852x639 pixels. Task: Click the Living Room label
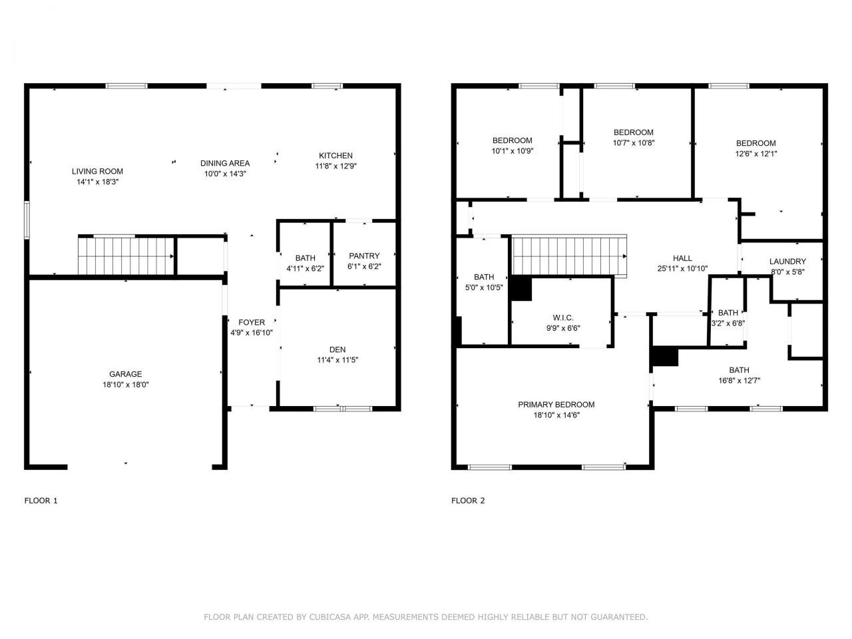click(97, 172)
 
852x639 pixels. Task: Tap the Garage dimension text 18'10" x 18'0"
click(126, 384)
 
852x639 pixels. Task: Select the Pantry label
click(364, 256)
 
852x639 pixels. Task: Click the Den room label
click(337, 350)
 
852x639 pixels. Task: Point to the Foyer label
click(252, 323)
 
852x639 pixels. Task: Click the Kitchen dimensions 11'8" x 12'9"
click(335, 166)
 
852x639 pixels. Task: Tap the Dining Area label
click(225, 163)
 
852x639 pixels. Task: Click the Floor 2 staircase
click(569, 256)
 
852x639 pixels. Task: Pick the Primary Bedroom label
click(556, 405)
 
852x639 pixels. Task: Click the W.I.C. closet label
click(563, 318)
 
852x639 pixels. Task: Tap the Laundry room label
click(787, 262)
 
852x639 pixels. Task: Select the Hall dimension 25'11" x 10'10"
click(682, 268)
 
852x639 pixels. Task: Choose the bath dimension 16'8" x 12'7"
click(739, 381)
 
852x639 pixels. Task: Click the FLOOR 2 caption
click(468, 501)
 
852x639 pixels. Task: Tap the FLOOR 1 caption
click(41, 501)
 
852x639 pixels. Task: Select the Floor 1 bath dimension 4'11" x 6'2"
click(305, 268)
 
